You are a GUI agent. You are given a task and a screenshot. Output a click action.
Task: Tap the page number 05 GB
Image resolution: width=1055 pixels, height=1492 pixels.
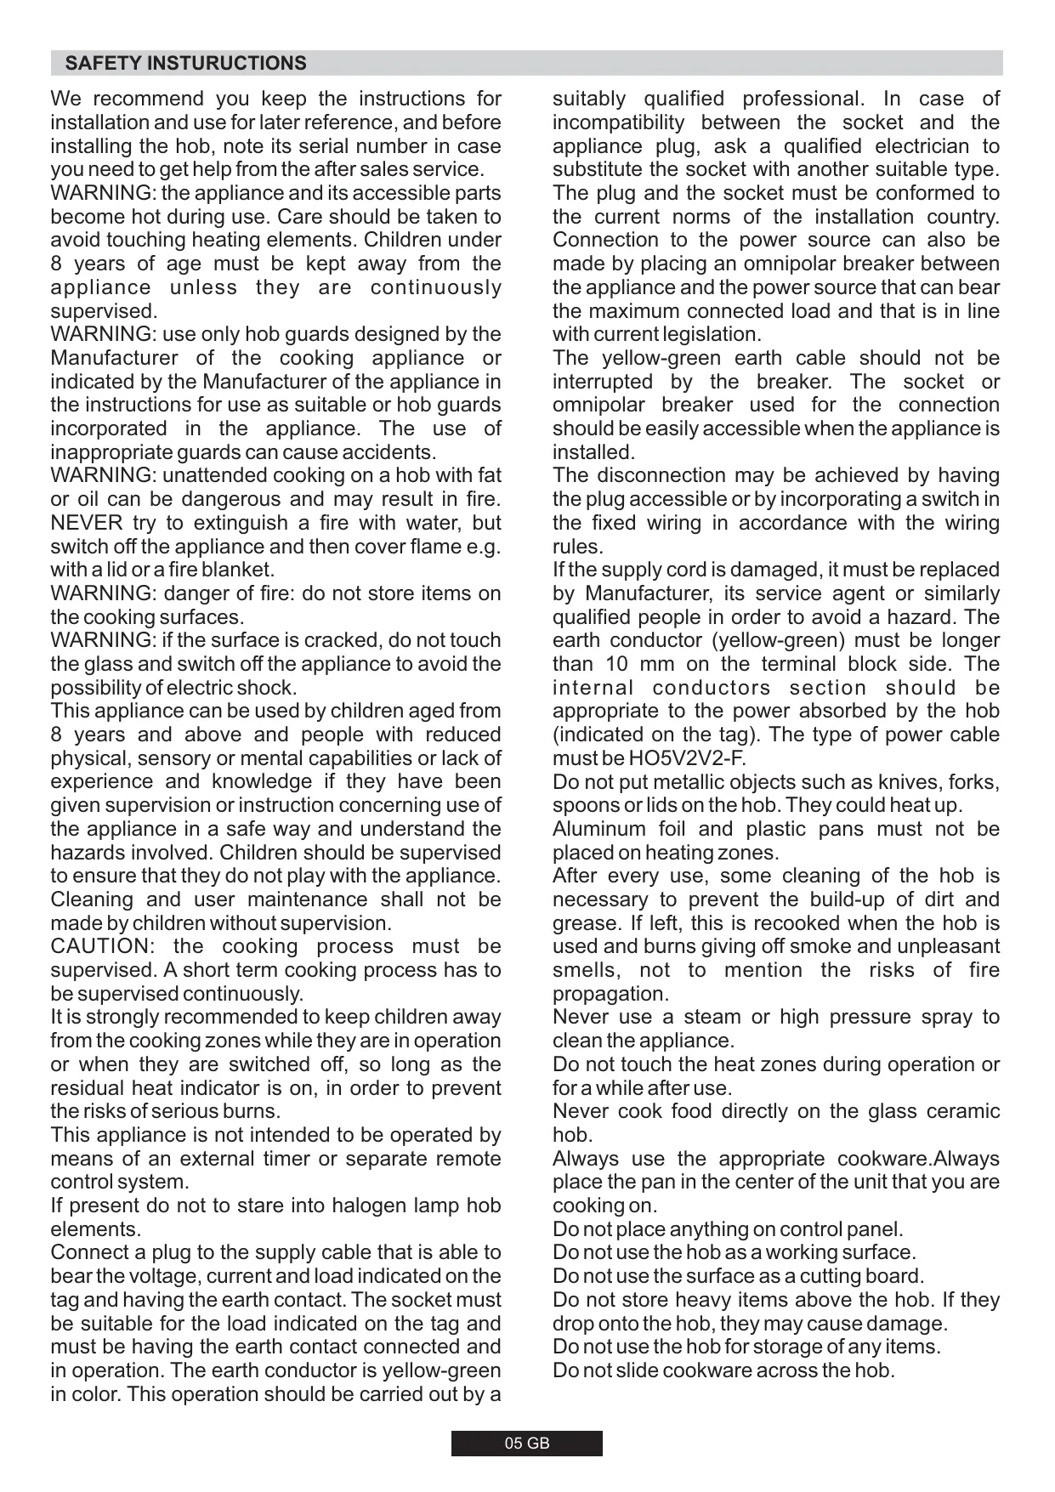[x=527, y=1444]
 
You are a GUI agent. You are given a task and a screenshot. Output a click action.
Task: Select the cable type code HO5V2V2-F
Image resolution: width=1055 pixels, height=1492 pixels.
[x=687, y=758]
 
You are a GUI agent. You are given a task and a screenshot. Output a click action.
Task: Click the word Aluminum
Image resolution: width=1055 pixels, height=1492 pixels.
[x=599, y=829]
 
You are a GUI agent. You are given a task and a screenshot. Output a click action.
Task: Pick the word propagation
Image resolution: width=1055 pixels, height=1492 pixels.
[x=610, y=994]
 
